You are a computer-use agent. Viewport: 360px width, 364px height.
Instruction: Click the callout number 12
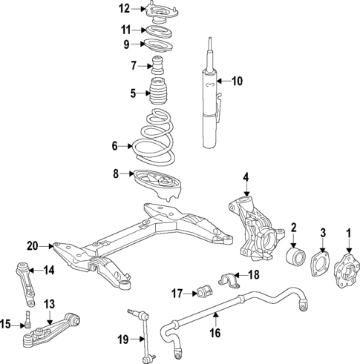(124, 9)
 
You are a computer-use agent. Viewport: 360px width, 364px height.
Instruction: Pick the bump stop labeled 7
(157, 64)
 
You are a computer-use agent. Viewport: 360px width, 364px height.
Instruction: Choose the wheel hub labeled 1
(344, 268)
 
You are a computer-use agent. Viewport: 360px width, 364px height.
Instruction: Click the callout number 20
(31, 245)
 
